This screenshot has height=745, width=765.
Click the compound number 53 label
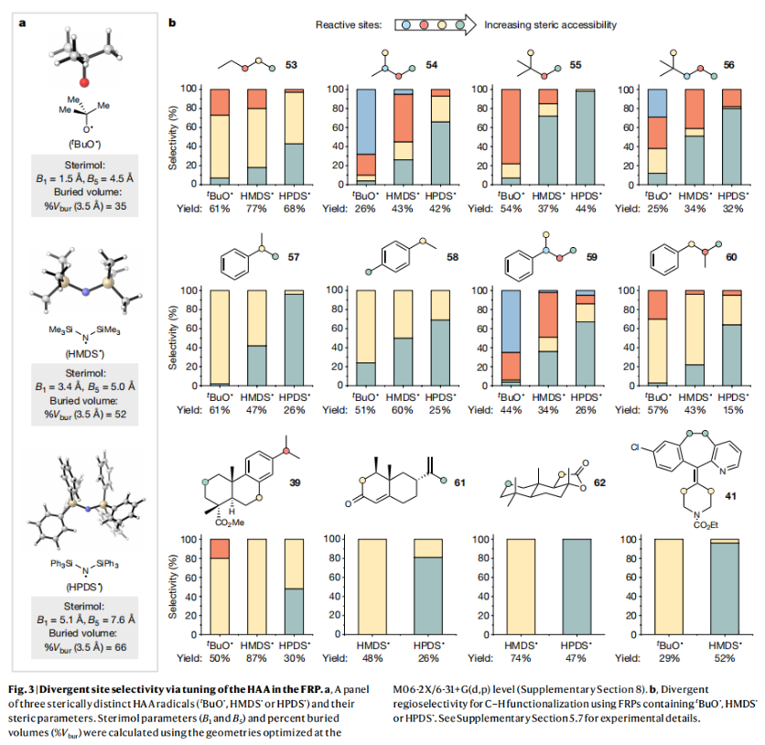[x=292, y=65]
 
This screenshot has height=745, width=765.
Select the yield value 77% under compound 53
[x=258, y=208]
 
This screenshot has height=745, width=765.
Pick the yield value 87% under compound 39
[x=258, y=658]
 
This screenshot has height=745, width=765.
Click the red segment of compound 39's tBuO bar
[x=221, y=548]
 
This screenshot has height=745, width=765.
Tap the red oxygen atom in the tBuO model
[x=83, y=82]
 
